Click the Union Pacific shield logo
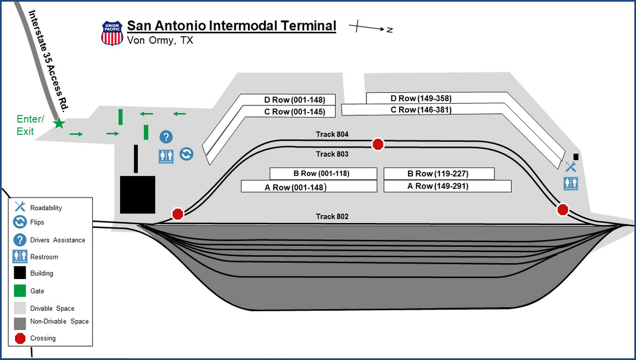[x=112, y=33]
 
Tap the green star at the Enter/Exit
[x=59, y=124]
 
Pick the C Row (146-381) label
[x=421, y=110]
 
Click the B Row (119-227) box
[x=438, y=174]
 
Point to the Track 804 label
[x=332, y=134]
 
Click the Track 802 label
[x=332, y=216]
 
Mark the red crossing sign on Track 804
[x=378, y=144]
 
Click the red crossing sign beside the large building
[x=178, y=214]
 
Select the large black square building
[x=138, y=194]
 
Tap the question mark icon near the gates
[x=165, y=136]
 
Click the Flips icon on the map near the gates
[x=186, y=154]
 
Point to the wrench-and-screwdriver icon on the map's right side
[x=571, y=167]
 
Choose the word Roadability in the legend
[x=46, y=208]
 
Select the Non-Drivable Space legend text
[x=59, y=321]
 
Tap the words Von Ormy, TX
[x=160, y=40]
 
